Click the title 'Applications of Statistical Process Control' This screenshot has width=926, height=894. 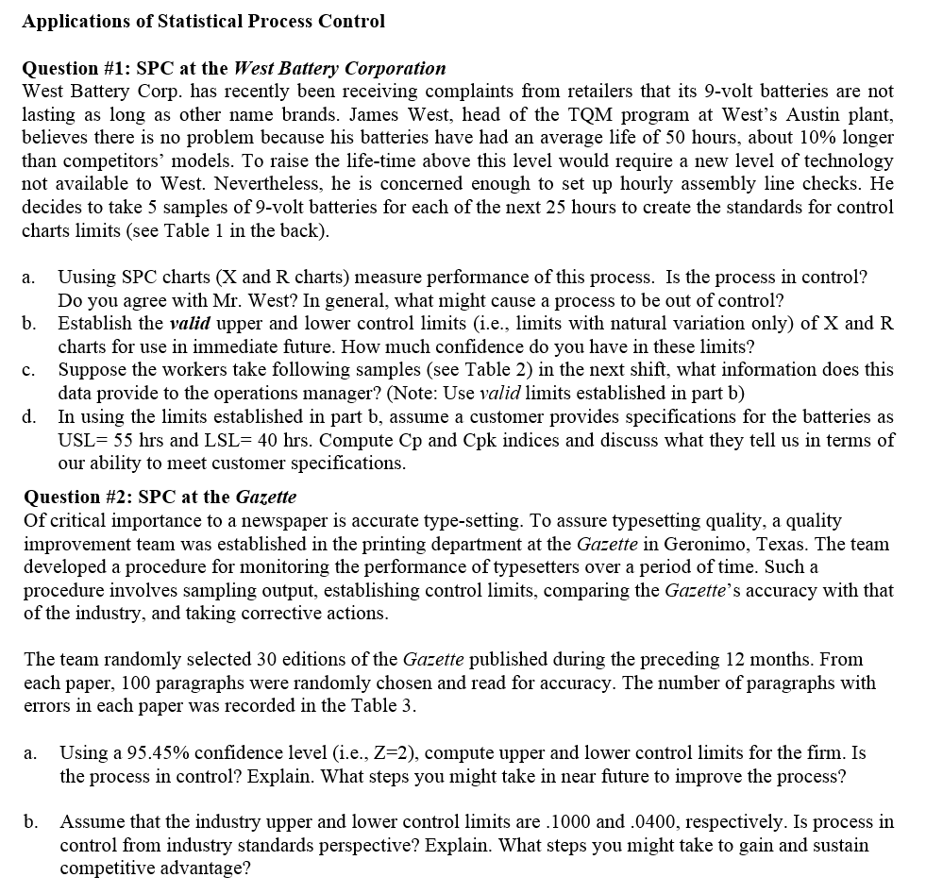tap(203, 21)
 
